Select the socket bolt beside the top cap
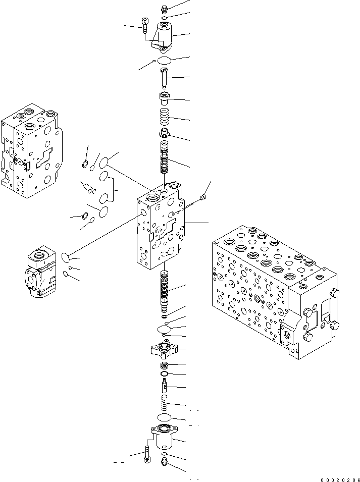click(x=145, y=26)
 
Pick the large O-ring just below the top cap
click(x=165, y=61)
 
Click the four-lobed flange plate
click(x=165, y=349)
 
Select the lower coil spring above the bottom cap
click(x=165, y=404)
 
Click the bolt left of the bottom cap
click(x=147, y=453)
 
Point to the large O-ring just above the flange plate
click(x=165, y=329)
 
